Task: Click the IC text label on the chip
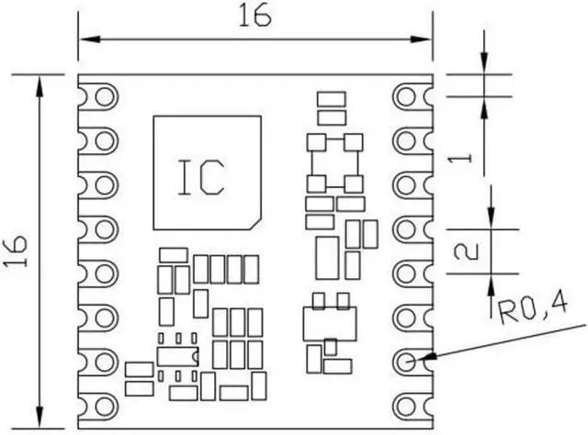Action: point(200,177)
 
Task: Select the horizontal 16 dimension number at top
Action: point(254,17)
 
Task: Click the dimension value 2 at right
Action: point(465,251)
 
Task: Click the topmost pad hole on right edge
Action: point(406,95)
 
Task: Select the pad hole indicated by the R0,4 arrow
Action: point(406,361)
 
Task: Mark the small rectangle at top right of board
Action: point(330,98)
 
